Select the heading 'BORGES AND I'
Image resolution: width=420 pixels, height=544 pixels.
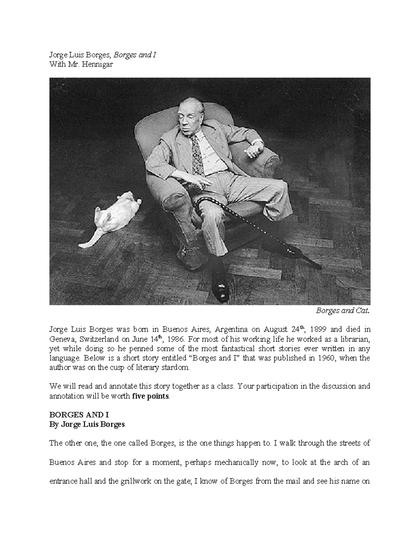coord(79,415)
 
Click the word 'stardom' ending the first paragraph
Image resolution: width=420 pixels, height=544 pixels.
coord(177,368)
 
